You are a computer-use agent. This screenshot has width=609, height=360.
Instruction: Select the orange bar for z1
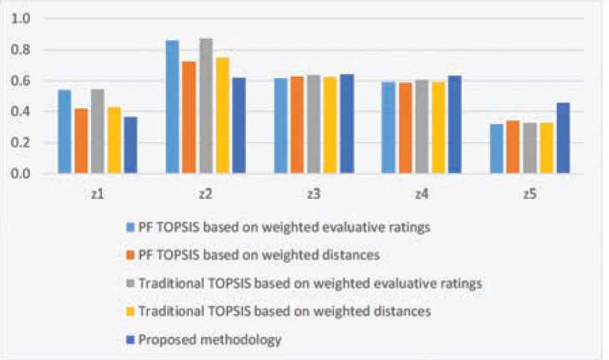[81, 141]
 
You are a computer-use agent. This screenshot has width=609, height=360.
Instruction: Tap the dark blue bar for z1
[130, 145]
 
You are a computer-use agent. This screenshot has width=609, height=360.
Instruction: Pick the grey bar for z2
[205, 106]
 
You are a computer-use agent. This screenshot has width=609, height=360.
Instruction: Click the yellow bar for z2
[222, 115]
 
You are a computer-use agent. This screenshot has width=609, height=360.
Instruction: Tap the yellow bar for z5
[546, 148]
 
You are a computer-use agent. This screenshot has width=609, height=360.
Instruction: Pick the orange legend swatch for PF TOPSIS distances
[132, 255]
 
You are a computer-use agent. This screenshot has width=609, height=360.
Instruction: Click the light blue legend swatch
[132, 227]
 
